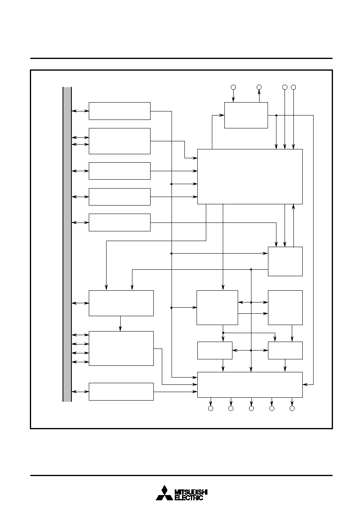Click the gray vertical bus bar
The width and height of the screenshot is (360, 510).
point(67,244)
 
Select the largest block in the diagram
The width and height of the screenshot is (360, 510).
point(250,177)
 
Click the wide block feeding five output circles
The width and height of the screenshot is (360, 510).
point(250,385)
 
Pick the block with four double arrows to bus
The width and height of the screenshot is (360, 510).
point(121,348)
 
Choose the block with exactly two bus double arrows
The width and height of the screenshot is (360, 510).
point(119,141)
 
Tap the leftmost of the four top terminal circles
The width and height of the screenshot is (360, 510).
point(233,87)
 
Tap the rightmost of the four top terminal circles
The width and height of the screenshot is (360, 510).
point(293,87)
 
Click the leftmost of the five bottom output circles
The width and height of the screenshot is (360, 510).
point(211,409)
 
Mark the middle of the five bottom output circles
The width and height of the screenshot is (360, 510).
point(251,409)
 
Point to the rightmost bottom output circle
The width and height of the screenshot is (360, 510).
point(292,409)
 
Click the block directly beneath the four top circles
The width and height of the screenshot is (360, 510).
point(246,115)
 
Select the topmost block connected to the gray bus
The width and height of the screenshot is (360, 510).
point(119,111)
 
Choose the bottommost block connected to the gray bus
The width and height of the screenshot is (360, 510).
point(121,392)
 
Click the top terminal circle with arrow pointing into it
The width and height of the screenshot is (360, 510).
point(259,87)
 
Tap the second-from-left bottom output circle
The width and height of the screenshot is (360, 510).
point(231,409)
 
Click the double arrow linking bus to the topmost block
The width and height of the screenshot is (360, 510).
point(80,111)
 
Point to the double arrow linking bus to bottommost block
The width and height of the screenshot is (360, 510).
point(80,392)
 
